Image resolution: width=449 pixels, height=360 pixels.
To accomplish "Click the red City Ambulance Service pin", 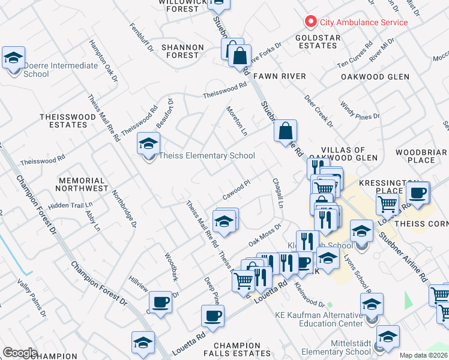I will [x=311, y=22].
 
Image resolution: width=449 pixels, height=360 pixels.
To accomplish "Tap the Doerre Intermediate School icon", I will [x=13, y=58].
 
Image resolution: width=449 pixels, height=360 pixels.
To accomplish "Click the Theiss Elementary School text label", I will [x=207, y=156].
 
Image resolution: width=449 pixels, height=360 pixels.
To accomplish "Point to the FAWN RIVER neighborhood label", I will [x=280, y=76].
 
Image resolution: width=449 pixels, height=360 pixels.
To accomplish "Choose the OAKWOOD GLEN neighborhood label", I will [x=375, y=77].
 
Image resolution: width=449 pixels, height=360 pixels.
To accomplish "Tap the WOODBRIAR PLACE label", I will [x=420, y=156].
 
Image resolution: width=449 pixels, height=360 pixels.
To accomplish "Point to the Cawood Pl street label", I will [x=236, y=190].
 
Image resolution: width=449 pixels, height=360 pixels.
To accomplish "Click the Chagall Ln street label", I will [x=278, y=193].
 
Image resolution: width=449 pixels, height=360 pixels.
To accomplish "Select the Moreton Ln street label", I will [x=237, y=120].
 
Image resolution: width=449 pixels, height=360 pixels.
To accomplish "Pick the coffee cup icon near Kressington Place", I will [x=418, y=193].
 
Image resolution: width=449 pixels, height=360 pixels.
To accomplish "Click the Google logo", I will [x=20, y=352].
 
